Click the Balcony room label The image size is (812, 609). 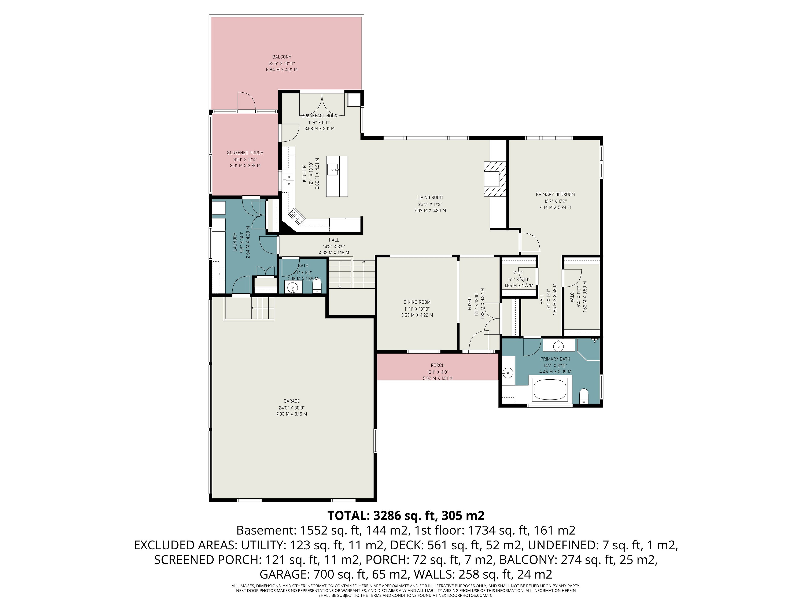(x=282, y=57)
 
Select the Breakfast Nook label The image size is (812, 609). (x=319, y=116)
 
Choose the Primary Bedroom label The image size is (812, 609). (x=555, y=195)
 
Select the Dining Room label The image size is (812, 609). (x=417, y=302)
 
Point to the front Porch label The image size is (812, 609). (x=438, y=365)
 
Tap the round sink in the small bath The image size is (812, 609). (x=293, y=287)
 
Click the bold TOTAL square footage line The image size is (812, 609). (x=406, y=516)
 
